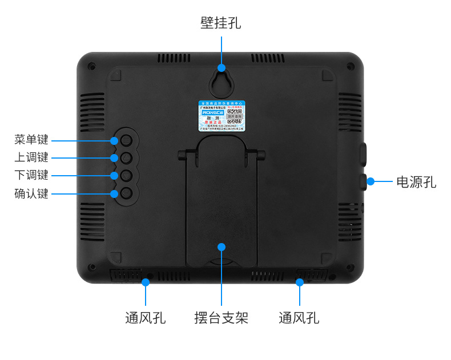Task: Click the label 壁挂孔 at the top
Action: click(220, 23)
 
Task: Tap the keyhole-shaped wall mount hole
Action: click(220, 80)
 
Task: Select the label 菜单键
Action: click(31, 140)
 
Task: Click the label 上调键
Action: click(31, 157)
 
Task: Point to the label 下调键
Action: click(31, 175)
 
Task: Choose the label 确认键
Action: click(31, 193)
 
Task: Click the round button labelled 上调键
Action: click(127, 157)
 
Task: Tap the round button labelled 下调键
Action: click(127, 175)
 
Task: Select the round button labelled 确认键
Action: click(127, 193)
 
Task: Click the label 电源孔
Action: click(416, 182)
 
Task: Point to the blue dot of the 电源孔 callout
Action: click(371, 181)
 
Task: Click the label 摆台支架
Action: click(221, 318)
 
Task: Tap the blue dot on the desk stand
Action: click(222, 246)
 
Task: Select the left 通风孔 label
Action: click(146, 318)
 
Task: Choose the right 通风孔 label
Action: click(299, 318)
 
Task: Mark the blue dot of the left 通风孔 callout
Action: click(146, 281)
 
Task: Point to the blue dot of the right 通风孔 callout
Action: click(299, 281)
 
